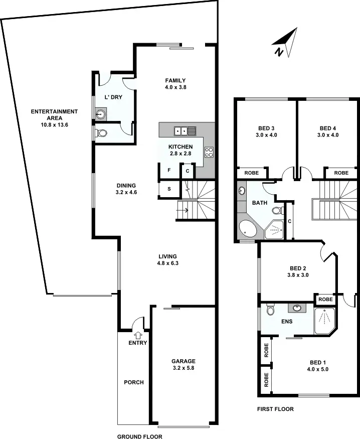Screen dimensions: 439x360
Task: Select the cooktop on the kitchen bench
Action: click(x=209, y=152)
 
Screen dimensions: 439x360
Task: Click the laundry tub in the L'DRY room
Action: click(x=100, y=114)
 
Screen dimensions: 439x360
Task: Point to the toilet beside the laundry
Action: click(x=101, y=133)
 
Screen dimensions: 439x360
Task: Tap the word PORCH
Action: click(x=133, y=382)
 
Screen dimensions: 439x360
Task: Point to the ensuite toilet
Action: click(x=270, y=310)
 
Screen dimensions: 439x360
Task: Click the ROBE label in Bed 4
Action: click(x=341, y=173)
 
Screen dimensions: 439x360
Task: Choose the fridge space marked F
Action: click(x=169, y=171)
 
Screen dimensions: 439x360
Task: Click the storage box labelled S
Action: click(x=169, y=189)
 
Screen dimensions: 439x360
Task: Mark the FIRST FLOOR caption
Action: click(x=275, y=409)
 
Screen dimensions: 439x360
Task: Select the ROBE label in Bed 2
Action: click(x=325, y=299)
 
